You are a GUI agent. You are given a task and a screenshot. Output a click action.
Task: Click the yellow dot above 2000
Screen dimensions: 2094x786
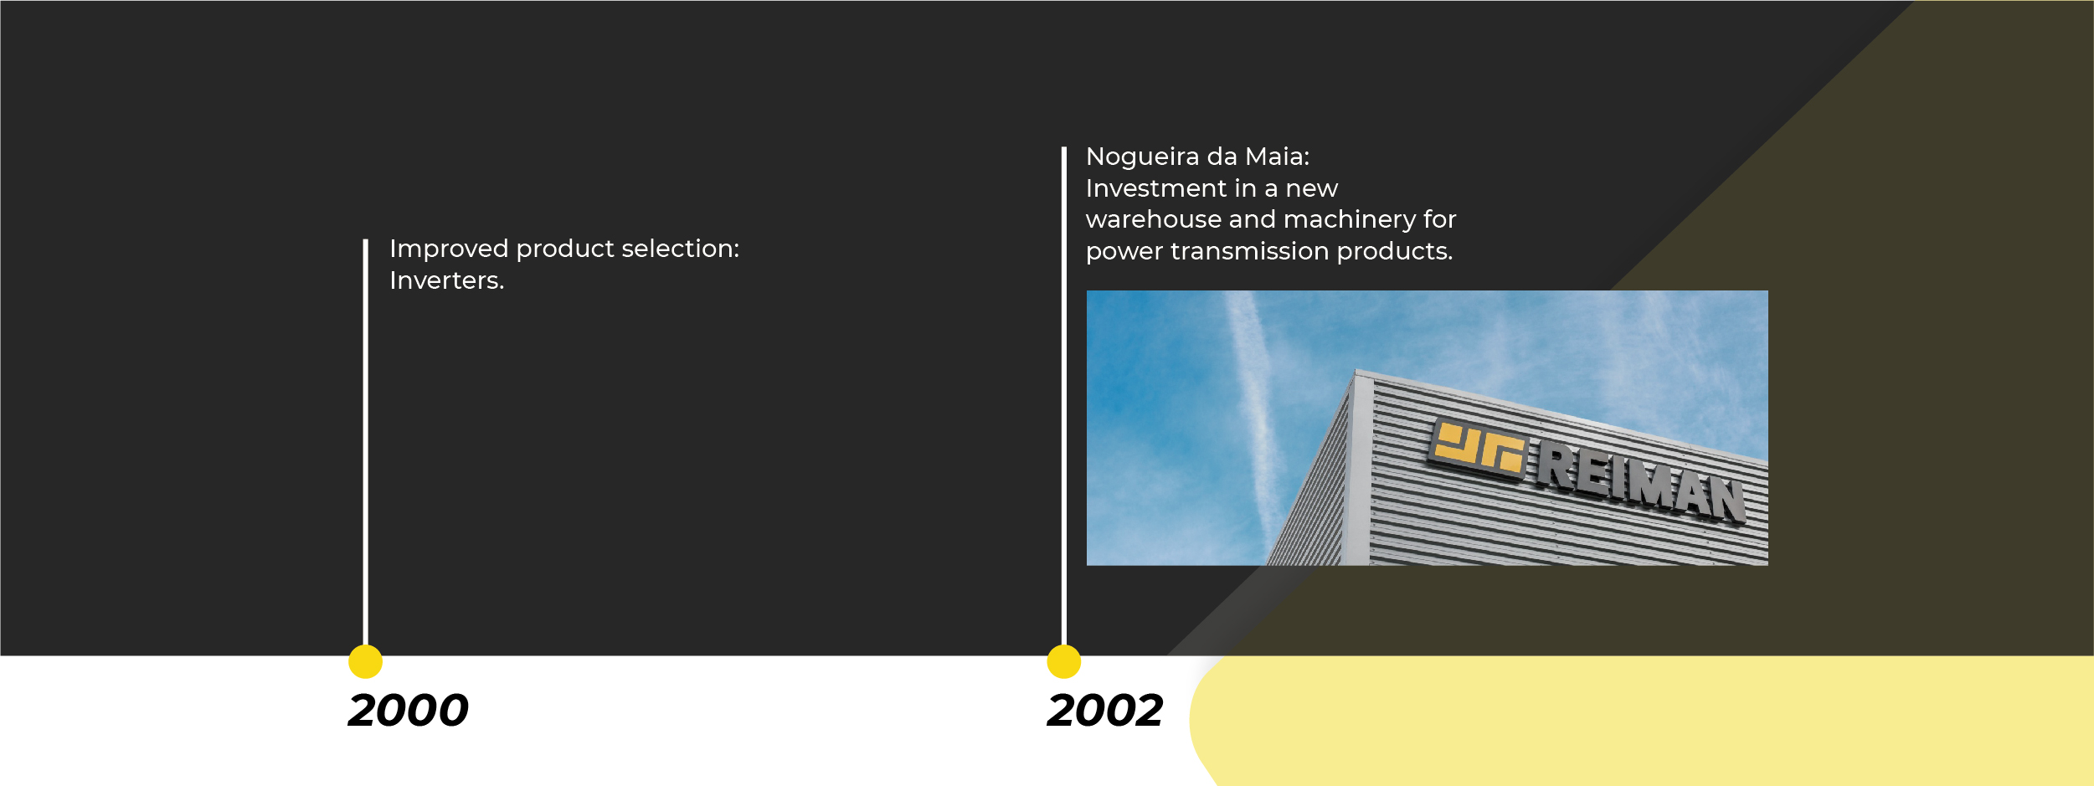(x=366, y=661)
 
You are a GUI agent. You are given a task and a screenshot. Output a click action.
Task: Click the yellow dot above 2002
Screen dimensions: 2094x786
(x=1064, y=661)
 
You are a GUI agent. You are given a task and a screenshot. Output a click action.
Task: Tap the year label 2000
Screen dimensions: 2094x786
(x=409, y=711)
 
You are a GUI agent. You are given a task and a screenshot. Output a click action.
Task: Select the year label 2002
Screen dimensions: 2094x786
(x=1105, y=711)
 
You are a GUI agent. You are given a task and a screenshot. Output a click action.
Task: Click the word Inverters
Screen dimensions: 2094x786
(x=447, y=280)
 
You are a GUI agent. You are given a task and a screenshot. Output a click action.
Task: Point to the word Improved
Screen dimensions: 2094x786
(x=450, y=249)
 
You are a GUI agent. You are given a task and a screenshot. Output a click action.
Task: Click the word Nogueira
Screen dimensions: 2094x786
(x=1143, y=157)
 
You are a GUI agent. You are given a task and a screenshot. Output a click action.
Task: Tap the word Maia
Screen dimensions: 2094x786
(x=1278, y=157)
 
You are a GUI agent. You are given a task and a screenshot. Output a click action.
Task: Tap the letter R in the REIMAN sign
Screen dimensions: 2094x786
(x=1559, y=465)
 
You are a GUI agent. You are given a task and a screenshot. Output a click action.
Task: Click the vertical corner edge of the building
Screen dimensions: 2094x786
(x=1356, y=469)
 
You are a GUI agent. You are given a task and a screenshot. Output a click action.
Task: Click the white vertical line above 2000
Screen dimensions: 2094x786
(x=366, y=442)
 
